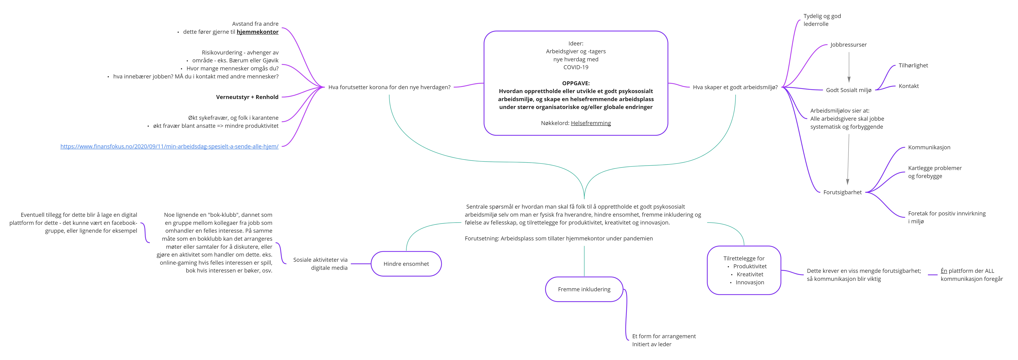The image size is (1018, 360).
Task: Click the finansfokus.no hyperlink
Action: coord(169,147)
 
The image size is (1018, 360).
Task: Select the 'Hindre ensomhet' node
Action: coord(406,264)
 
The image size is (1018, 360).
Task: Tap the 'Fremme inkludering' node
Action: coord(584,289)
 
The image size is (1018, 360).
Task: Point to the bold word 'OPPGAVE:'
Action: coord(575,83)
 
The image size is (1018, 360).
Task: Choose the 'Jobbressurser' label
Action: coord(848,45)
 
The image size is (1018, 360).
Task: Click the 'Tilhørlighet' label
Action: coord(913,66)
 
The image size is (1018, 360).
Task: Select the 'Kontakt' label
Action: coord(908,86)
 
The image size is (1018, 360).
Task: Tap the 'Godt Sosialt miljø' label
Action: coord(848,90)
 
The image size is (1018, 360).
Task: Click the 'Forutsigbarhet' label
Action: coord(842,192)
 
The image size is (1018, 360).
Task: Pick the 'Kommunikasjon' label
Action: coord(929,147)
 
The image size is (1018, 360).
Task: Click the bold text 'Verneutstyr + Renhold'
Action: coord(247,97)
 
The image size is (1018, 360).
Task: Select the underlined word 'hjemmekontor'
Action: coord(257,32)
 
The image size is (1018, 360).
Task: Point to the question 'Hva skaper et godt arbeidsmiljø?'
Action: coord(735,87)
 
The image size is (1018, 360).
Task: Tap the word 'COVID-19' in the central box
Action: coord(575,67)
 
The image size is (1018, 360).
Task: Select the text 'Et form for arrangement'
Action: coord(663,336)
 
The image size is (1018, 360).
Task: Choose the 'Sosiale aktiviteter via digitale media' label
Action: coord(320,264)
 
